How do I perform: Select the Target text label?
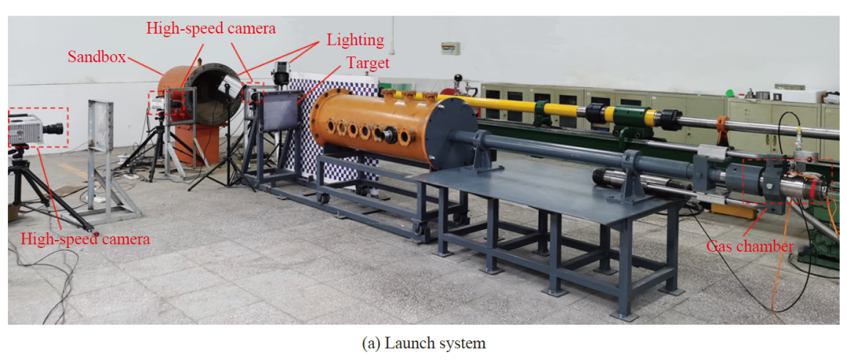click(369, 63)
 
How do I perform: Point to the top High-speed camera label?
click(211, 28)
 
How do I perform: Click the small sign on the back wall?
click(449, 49)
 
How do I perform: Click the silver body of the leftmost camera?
click(26, 128)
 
